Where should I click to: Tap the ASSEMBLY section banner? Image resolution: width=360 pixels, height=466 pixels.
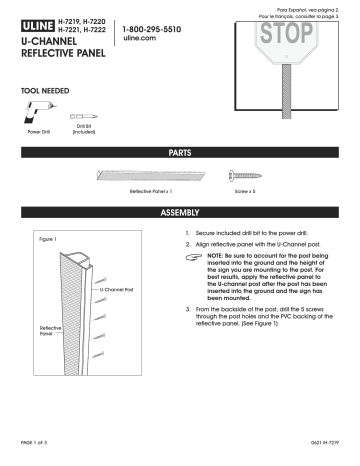point(181,214)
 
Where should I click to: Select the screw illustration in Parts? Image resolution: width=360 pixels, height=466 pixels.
point(245,173)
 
